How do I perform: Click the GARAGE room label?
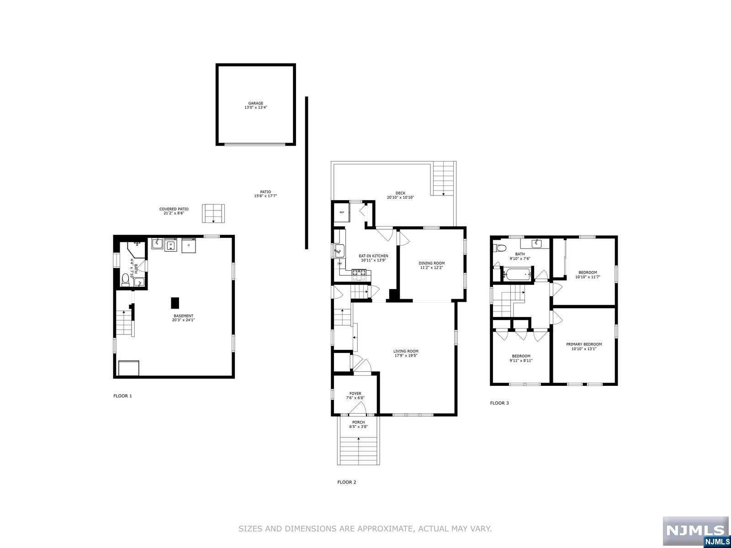255,103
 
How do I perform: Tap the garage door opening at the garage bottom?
255,144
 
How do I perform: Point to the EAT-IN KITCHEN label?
373,256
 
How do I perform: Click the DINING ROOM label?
432,263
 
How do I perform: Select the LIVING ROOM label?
406,351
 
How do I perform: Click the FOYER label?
355,393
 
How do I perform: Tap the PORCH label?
358,422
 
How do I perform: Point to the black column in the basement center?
175,303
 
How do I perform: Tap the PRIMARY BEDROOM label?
583,344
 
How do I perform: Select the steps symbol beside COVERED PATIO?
214,213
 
